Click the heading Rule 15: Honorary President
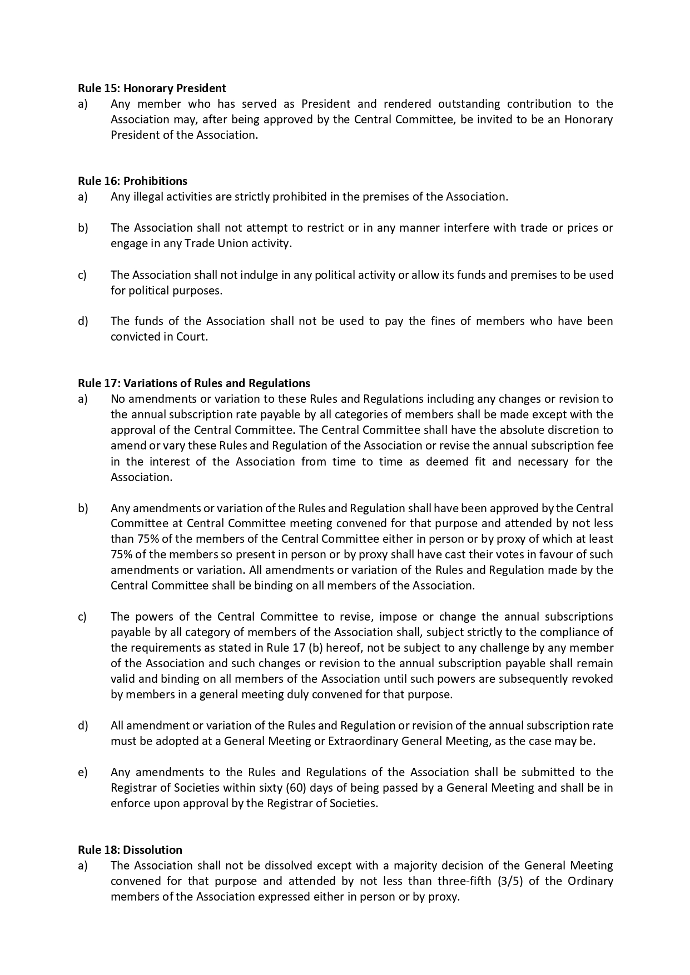tap(152, 88)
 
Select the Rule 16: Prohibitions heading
tap(132, 181)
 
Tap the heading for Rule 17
tap(194, 383)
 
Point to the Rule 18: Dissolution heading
tap(130, 849)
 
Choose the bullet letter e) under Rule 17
tap(83, 772)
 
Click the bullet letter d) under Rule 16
tap(83, 321)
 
